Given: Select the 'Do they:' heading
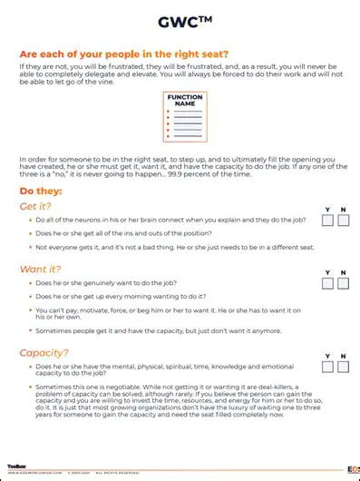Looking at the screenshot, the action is [41, 191].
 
